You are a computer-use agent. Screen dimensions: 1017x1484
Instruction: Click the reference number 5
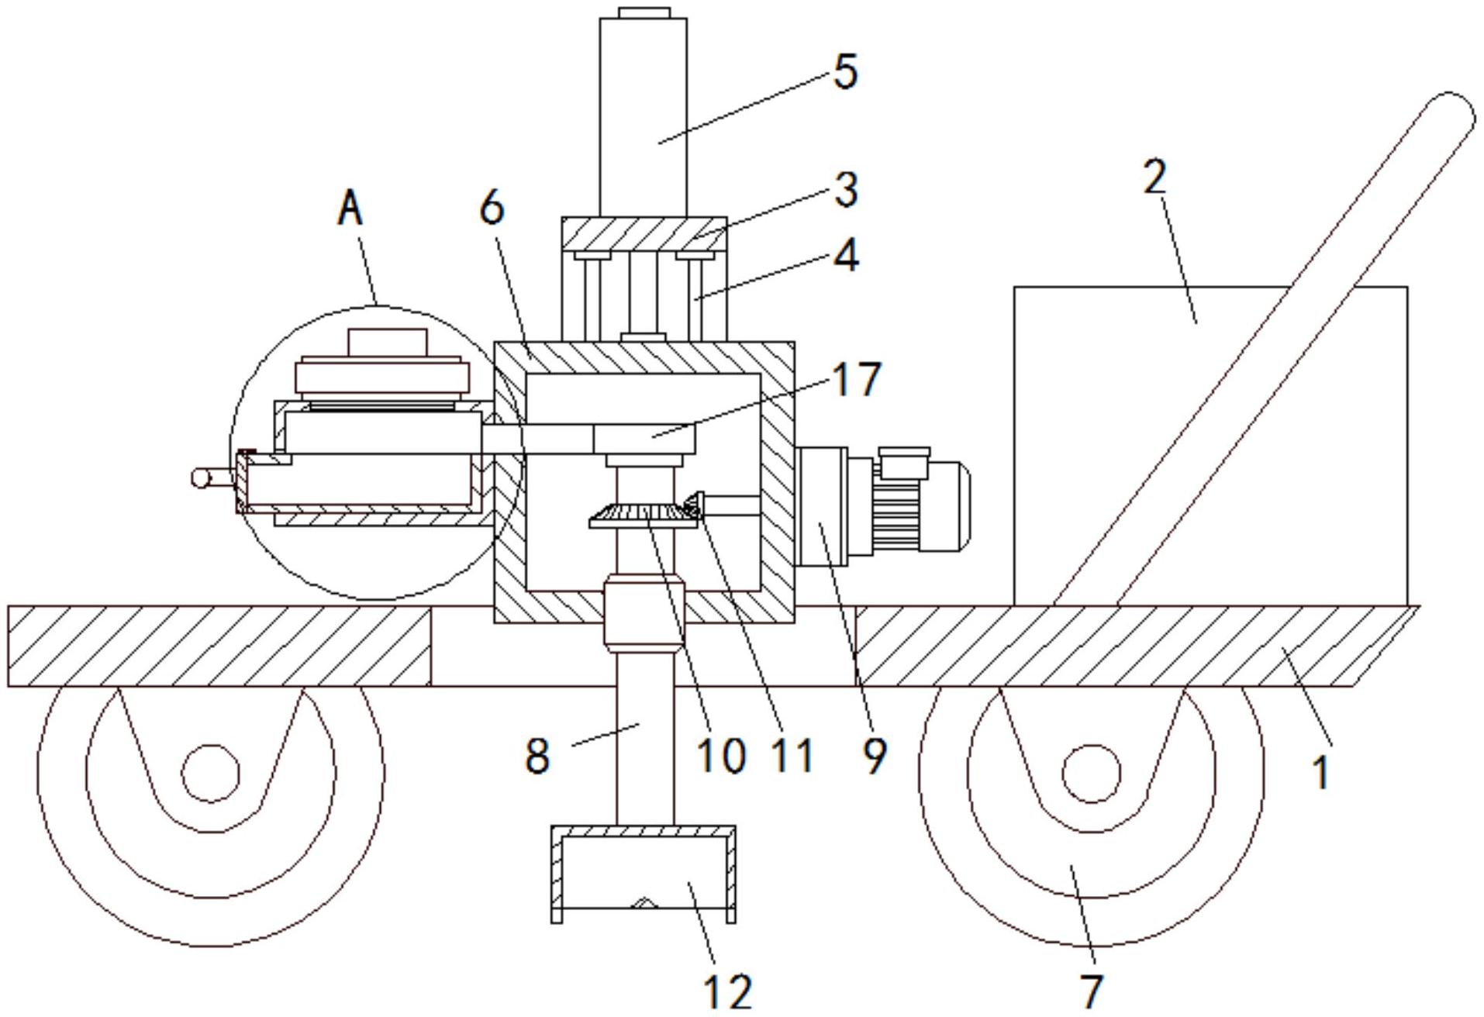pyautogui.click(x=846, y=73)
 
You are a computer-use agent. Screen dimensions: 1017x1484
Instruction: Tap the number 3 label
pyautogui.click(x=846, y=190)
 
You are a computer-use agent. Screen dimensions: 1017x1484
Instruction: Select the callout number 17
pyautogui.click(x=856, y=380)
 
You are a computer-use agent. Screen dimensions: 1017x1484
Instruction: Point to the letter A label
pyautogui.click(x=350, y=209)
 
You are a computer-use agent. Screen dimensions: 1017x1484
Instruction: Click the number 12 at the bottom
pyautogui.click(x=727, y=991)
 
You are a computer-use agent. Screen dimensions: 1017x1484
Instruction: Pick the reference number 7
pyautogui.click(x=1091, y=990)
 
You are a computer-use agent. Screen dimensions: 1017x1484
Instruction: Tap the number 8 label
pyautogui.click(x=537, y=755)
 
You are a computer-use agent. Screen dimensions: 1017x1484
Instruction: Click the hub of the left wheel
pyautogui.click(x=210, y=773)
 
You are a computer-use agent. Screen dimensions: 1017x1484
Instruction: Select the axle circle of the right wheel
pyautogui.click(x=1091, y=773)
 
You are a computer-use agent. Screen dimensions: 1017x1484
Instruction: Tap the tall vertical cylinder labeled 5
pyautogui.click(x=643, y=116)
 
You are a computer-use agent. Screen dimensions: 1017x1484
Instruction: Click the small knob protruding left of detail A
pyautogui.click(x=203, y=478)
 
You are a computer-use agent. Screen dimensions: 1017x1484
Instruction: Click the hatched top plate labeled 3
pyautogui.click(x=644, y=233)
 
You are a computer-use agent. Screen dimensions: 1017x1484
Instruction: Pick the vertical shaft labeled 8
pyautogui.click(x=645, y=736)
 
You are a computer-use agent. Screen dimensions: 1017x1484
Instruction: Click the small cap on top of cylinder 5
pyautogui.click(x=644, y=12)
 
